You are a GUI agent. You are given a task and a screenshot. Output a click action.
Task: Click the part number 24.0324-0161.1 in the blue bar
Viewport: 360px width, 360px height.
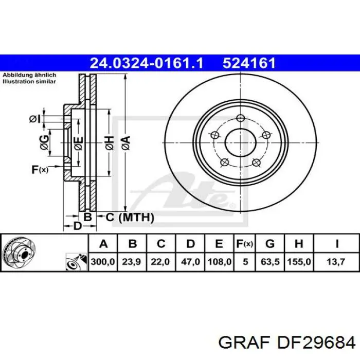point(147,63)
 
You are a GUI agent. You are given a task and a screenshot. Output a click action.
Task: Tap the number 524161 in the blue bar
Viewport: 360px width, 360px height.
point(249,63)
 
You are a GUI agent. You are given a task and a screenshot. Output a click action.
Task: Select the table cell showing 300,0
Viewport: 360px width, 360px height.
point(103,262)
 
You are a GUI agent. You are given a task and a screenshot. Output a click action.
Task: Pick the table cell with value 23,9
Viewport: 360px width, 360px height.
point(132,262)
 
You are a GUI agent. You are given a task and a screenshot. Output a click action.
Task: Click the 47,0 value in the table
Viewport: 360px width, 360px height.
point(190,262)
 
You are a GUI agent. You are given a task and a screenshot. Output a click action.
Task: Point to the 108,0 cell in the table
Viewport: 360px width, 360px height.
point(219,262)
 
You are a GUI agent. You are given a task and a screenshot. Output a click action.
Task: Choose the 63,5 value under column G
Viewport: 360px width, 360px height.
point(270,262)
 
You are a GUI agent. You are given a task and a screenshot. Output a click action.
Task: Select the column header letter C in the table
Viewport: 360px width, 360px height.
point(161,244)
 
